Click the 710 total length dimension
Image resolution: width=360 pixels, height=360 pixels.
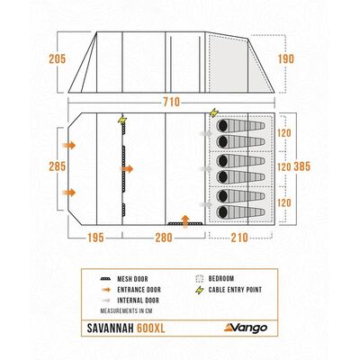(x=171, y=103)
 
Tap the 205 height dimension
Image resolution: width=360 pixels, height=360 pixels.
(x=58, y=58)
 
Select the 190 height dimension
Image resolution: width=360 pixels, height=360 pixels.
(x=286, y=58)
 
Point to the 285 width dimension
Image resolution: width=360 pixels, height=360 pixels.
(x=58, y=166)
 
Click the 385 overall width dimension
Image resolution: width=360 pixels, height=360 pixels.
(x=301, y=166)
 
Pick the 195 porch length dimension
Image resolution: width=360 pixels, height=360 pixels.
(x=95, y=238)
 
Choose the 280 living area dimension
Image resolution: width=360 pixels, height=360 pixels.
(x=164, y=238)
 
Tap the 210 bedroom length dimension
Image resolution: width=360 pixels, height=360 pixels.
(x=239, y=238)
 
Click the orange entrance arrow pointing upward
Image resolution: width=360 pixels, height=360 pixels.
(x=185, y=221)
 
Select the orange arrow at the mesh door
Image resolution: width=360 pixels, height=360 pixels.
(x=127, y=169)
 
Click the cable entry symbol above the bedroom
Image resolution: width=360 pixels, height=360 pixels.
(x=214, y=112)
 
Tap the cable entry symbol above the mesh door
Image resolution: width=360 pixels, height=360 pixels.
(x=122, y=121)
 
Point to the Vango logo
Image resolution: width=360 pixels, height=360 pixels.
(x=246, y=328)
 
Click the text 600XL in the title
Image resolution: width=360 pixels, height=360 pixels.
(x=151, y=328)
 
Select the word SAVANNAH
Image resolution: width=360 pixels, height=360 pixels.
(x=111, y=328)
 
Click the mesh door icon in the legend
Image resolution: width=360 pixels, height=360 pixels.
(x=105, y=279)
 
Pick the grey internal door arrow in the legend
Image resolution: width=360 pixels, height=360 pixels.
(x=105, y=301)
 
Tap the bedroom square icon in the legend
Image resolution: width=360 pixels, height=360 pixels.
(x=199, y=279)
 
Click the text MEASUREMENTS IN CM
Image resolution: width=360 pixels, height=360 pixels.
(x=127, y=310)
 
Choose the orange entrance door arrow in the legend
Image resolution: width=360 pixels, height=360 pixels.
(x=105, y=290)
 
